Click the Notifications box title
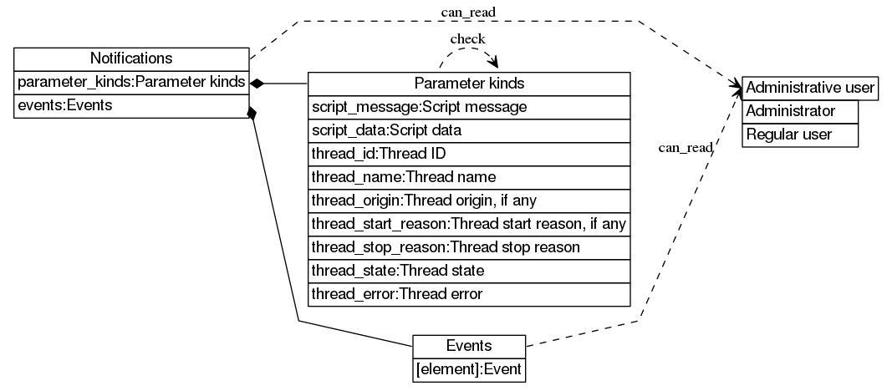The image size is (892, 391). point(131,58)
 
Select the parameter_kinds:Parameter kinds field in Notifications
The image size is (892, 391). point(131,82)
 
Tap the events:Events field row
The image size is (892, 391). point(131,106)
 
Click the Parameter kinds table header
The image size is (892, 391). point(469,84)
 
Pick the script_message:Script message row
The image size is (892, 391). point(469,107)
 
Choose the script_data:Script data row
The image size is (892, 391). point(469,130)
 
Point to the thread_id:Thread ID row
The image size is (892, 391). point(469,154)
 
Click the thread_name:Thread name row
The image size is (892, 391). point(469,177)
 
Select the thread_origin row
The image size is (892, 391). point(469,201)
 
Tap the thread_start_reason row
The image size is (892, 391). point(469,224)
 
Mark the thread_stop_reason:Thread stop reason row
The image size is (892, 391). point(469,247)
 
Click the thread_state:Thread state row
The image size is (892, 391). point(469,271)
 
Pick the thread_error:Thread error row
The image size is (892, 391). point(469,294)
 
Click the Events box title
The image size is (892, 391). point(469,346)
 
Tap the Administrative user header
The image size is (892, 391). point(809,88)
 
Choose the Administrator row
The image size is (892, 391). point(801,111)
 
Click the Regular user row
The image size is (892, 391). point(801,135)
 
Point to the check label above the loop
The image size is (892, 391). point(467,39)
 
